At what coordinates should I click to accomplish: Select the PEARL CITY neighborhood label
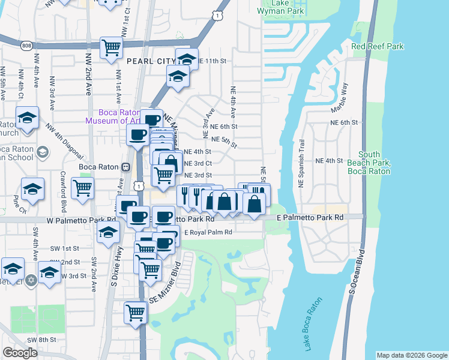click(x=145, y=61)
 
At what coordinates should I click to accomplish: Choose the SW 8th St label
click(x=44, y=340)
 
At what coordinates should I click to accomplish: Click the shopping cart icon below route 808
click(x=111, y=47)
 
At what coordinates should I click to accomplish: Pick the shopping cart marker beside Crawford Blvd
click(x=82, y=188)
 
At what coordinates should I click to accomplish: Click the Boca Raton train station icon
click(x=125, y=167)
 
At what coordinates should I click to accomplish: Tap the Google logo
click(x=20, y=353)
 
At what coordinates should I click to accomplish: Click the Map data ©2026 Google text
click(x=412, y=355)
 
